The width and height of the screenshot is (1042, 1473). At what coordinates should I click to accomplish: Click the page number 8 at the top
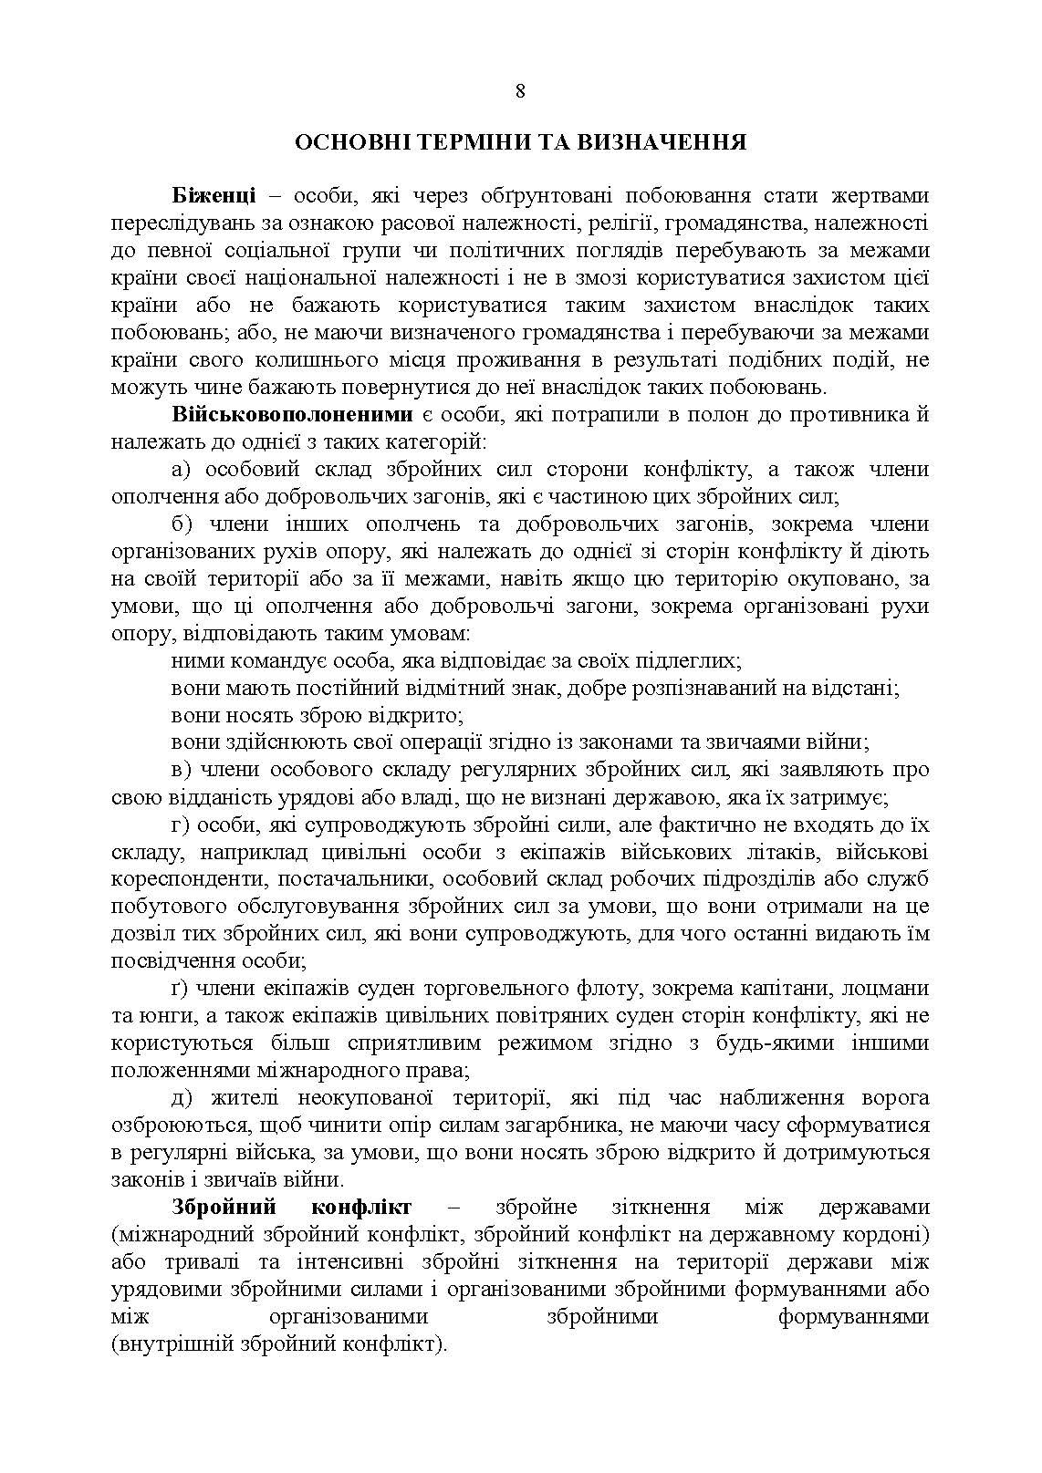click(x=520, y=90)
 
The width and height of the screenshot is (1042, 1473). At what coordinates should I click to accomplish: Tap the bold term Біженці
click(x=213, y=196)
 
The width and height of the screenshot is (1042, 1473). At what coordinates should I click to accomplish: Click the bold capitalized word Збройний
click(x=224, y=1207)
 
